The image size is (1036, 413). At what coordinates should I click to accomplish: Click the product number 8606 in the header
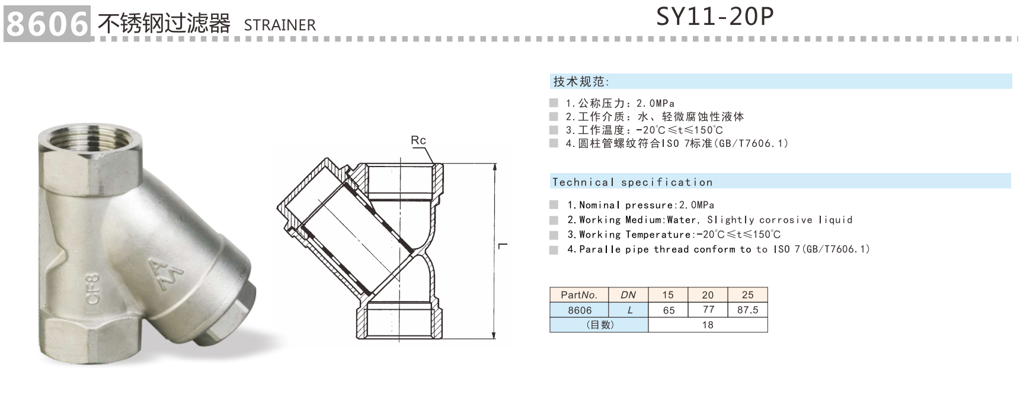(x=46, y=24)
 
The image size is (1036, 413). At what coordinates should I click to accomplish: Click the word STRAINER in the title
(x=280, y=25)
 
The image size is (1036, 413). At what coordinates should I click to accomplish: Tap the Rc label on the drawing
(x=418, y=140)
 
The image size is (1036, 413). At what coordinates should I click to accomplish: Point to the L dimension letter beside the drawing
(x=503, y=246)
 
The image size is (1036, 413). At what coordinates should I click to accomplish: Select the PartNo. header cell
(x=579, y=294)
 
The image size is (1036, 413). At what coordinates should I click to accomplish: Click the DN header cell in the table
(x=628, y=294)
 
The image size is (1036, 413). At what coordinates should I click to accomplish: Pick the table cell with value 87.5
(x=747, y=310)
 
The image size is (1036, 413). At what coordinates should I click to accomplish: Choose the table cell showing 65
(x=669, y=310)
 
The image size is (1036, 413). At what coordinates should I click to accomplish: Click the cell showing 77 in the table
(x=708, y=310)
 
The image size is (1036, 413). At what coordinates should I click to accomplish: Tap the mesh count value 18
(x=708, y=325)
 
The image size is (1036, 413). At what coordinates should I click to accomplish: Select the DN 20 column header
(x=708, y=294)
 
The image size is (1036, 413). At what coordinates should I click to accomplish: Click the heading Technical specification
(x=632, y=182)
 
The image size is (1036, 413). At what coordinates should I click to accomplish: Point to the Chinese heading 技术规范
(x=581, y=82)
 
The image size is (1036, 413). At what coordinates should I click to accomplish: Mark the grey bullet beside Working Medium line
(x=554, y=220)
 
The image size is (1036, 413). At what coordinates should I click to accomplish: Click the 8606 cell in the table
(x=579, y=310)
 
